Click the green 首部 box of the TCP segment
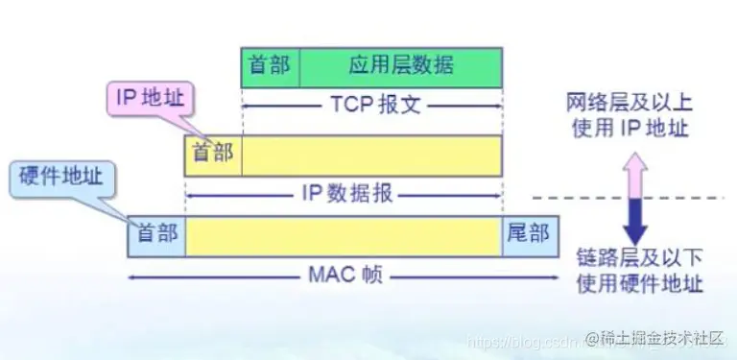coord(271,65)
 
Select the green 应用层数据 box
coord(401,65)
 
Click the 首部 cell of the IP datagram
coord(213,155)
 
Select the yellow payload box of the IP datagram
coord(371,155)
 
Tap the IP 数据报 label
coord(343,193)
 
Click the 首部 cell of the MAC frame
coord(156,235)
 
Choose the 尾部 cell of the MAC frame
coord(526,235)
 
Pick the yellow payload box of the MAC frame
coord(343,235)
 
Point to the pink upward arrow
coord(635,178)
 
